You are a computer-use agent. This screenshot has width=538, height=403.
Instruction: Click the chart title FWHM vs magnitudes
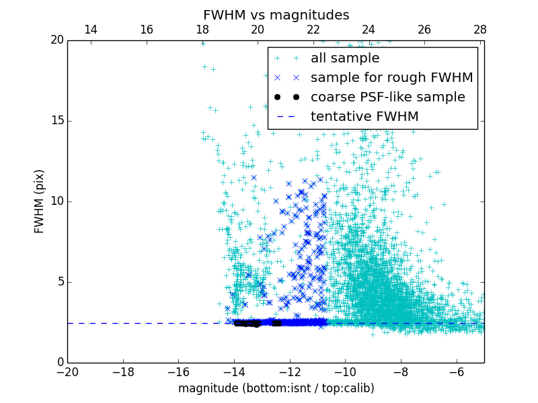pos(276,15)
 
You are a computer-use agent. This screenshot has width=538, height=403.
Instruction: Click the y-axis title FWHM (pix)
pos(39,201)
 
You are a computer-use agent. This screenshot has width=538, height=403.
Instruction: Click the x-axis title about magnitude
pos(276,388)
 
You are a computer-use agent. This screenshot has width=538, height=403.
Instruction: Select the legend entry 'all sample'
pos(345,58)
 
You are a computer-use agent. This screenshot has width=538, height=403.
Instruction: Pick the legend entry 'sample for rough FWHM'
pos(391,78)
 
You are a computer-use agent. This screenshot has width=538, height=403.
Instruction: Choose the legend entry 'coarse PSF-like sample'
pos(387,97)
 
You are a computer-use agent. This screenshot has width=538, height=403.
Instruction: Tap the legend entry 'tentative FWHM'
pos(364,117)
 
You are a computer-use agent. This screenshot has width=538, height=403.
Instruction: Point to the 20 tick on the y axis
pos(56,40)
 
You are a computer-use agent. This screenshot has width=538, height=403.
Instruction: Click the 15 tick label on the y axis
pos(56,121)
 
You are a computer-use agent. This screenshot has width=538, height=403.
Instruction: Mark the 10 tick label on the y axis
pos(56,201)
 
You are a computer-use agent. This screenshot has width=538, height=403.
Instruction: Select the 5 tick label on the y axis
pos(59,282)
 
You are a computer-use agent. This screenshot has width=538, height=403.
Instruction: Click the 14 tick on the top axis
pos(90,30)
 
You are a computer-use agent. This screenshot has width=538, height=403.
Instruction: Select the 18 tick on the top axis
pos(202,30)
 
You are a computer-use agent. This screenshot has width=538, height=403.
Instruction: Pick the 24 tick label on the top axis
pos(369,30)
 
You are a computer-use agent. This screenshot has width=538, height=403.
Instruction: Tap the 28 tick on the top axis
pos(479,30)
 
